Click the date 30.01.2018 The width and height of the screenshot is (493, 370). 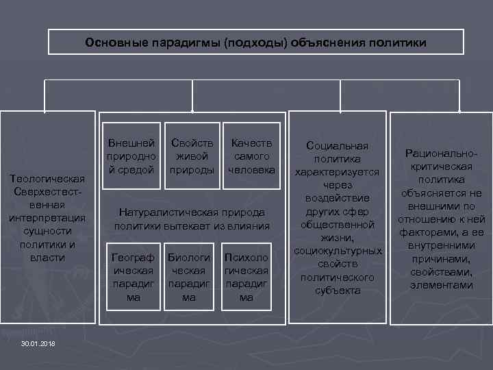(38, 343)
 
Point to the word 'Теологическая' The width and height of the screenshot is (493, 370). (47, 180)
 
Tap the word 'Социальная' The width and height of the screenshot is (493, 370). (338, 146)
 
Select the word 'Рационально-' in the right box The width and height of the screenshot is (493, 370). (442, 155)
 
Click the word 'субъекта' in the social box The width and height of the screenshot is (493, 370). (338, 290)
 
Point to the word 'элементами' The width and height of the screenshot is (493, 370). (442, 285)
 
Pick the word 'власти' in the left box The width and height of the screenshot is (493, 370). (47, 258)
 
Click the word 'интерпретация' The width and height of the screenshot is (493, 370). (47, 219)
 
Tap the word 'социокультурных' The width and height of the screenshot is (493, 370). (338, 251)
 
